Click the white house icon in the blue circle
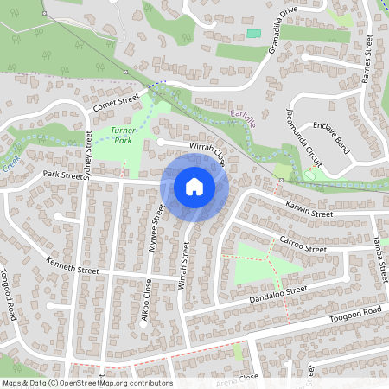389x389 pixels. click(194, 187)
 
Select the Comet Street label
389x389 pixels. click(116, 104)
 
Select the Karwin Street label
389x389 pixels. click(309, 209)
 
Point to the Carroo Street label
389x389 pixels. click(303, 244)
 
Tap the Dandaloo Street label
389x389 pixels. click(278, 295)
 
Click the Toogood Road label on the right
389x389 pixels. click(355, 315)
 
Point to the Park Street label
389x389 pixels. click(59, 175)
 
